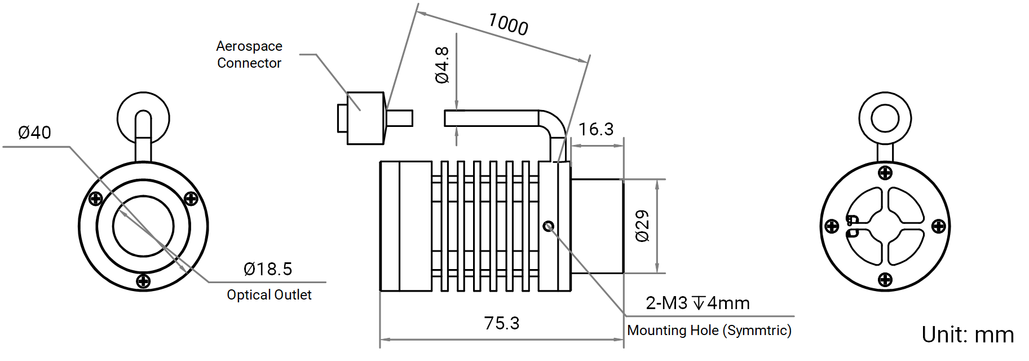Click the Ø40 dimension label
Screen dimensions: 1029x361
[x=34, y=133]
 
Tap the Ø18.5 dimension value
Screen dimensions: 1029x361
[x=268, y=269]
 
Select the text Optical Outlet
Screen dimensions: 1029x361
[x=269, y=294]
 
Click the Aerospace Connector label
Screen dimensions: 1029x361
[x=249, y=54]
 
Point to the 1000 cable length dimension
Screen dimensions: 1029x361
[x=508, y=24]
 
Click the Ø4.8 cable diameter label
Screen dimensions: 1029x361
[x=443, y=65]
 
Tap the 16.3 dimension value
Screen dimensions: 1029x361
[x=596, y=129]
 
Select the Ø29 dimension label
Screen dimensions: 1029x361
[x=643, y=226]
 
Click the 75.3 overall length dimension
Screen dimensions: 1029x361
[x=502, y=323]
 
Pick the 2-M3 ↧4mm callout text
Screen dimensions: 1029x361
[x=697, y=303]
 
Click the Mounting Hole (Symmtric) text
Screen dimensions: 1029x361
[x=709, y=330]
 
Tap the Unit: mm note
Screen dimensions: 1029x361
[x=968, y=334]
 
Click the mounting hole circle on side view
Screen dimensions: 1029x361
[x=549, y=226]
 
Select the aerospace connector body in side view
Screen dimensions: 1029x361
[x=365, y=118]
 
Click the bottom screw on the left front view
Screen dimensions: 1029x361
[x=144, y=281]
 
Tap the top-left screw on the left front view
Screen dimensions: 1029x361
[x=96, y=198]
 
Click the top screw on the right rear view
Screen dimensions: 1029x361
[x=885, y=173]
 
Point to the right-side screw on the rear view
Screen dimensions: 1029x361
[x=939, y=226]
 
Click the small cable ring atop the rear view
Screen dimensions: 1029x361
[x=885, y=119]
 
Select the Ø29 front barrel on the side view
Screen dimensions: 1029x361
[x=597, y=226]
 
